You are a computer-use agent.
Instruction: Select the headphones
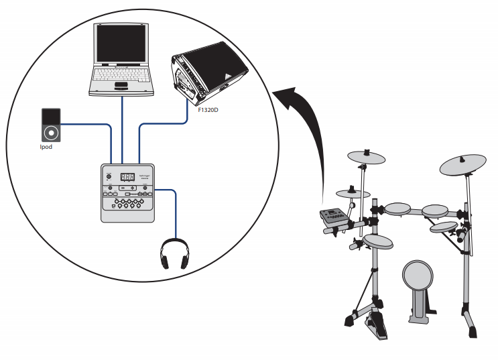[x=173, y=253]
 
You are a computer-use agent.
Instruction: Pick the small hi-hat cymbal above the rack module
[x=353, y=194]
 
